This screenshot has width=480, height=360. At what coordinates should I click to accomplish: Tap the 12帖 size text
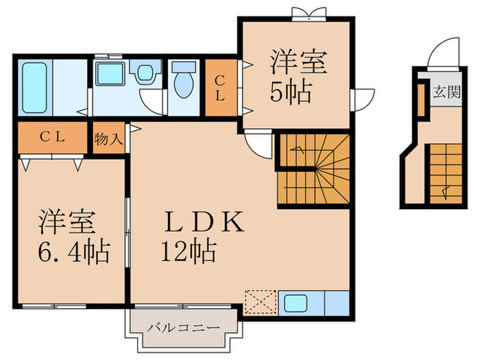[189, 252]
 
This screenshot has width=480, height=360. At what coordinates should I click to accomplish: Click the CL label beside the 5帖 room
[219, 88]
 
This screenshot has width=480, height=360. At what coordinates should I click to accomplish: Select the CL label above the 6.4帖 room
[51, 136]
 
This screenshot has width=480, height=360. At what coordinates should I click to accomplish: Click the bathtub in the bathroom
[34, 88]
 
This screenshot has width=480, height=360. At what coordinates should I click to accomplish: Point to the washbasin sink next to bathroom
[108, 73]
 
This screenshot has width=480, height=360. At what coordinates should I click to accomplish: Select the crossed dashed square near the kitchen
[260, 302]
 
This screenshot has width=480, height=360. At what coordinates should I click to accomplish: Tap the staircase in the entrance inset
[445, 173]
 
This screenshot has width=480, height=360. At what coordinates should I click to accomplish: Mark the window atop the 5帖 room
[303, 12]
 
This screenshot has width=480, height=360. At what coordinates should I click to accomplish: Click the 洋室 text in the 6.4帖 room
[71, 224]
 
